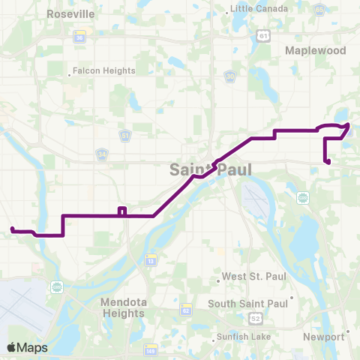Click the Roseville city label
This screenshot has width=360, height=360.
click(70, 13)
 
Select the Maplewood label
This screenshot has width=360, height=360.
click(315, 50)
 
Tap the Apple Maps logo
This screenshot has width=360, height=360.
click(28, 347)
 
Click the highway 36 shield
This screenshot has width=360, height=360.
click(79, 37)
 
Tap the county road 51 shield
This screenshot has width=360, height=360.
click(125, 135)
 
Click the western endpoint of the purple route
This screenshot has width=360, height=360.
click(12, 229)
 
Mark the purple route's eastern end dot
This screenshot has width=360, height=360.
click(328, 161)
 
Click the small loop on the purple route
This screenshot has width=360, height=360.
click(121, 211)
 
